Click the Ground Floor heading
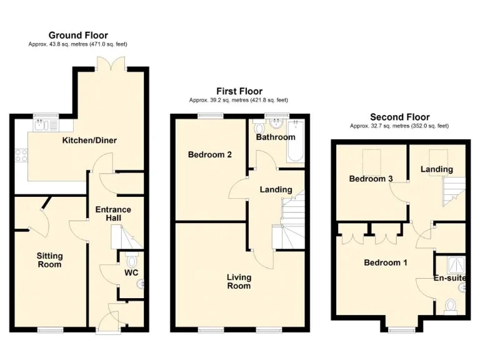click(x=78, y=36)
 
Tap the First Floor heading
click(x=239, y=91)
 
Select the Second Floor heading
click(x=399, y=117)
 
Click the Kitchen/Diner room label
click(x=89, y=140)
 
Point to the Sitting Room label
click(x=49, y=259)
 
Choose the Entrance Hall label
click(x=113, y=214)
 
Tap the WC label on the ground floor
click(x=131, y=272)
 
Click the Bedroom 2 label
click(x=211, y=154)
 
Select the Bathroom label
click(x=275, y=137)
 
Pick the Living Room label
click(x=239, y=281)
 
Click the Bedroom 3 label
click(x=371, y=179)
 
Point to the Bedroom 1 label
click(x=386, y=262)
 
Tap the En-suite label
click(x=451, y=277)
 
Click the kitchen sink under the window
click(x=43, y=124)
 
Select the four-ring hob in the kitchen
click(x=20, y=154)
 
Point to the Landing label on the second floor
click(x=436, y=169)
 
